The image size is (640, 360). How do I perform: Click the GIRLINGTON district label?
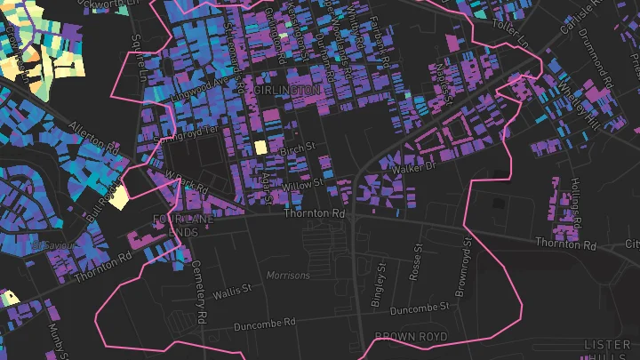[286, 92]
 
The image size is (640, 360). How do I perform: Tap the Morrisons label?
[289, 276]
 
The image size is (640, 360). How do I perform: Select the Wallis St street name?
[234, 291]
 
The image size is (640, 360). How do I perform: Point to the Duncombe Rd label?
[265, 325]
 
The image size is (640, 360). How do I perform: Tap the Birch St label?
[298, 146]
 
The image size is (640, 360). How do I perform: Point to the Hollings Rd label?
[575, 201]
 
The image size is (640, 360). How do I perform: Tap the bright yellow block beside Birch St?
[260, 148]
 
